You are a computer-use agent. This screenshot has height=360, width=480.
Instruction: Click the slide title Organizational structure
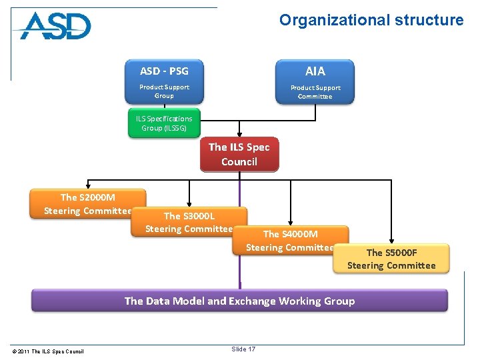pyautogui.click(x=371, y=20)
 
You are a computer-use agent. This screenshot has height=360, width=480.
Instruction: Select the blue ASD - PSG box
pyautogui.click(x=164, y=81)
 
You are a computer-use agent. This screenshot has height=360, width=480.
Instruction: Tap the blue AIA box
pyautogui.click(x=315, y=81)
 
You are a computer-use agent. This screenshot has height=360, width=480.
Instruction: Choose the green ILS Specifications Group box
pyautogui.click(x=164, y=123)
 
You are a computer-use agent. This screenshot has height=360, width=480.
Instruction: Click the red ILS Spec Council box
pyautogui.click(x=239, y=155)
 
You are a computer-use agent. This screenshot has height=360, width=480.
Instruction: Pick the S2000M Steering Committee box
pyautogui.click(x=87, y=203)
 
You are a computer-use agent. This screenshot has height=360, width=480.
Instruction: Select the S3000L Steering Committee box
pyautogui.click(x=189, y=221)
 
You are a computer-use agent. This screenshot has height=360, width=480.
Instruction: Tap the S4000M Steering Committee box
pyautogui.click(x=291, y=240)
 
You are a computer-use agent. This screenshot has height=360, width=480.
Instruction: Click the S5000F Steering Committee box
pyautogui.click(x=391, y=259)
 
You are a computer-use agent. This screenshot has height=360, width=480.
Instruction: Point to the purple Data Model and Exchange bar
pyautogui.click(x=239, y=301)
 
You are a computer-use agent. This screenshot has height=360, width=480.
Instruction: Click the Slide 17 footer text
pyautogui.click(x=243, y=349)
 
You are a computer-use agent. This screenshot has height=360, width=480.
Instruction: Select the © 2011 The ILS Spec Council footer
pyautogui.click(x=48, y=351)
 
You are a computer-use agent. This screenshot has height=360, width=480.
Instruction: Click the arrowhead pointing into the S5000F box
pyautogui.click(x=392, y=241)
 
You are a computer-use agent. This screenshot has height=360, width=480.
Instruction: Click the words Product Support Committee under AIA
pyautogui.click(x=315, y=92)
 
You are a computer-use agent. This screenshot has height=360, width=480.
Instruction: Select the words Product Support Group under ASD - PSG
pyautogui.click(x=164, y=91)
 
